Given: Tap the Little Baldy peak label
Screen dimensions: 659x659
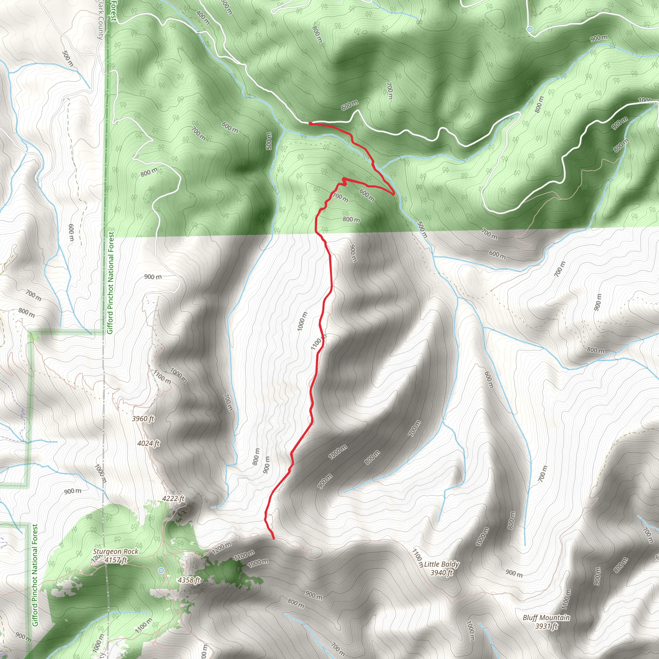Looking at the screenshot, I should click(x=441, y=564).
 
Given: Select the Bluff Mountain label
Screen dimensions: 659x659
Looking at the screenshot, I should click(x=546, y=618).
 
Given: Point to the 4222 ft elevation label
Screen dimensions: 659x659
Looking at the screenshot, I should click(x=173, y=498).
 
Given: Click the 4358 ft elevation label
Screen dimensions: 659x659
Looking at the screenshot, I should click(x=189, y=580).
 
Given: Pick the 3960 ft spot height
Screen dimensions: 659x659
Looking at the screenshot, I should click(x=143, y=419).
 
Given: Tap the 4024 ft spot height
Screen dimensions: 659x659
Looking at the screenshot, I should click(x=148, y=443).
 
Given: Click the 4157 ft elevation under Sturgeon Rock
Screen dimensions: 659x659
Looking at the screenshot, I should click(x=116, y=560).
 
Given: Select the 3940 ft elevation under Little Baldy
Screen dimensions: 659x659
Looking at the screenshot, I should click(x=441, y=573).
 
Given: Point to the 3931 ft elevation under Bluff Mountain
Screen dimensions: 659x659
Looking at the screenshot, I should click(x=546, y=626).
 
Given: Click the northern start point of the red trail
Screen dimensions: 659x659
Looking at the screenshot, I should click(x=310, y=124).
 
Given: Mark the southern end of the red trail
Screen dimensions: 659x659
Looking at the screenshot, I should click(x=274, y=539).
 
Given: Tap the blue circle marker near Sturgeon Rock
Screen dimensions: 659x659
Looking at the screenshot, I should click(x=161, y=570).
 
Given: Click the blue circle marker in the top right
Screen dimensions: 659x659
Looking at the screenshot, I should click(x=530, y=29).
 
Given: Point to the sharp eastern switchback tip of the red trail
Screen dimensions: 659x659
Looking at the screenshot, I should click(x=394, y=194).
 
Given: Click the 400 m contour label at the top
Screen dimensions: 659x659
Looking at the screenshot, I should click(x=203, y=17).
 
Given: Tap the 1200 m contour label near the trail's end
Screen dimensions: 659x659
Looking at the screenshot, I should click(x=222, y=548).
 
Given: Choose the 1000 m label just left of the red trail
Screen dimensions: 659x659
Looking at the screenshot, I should click(x=302, y=321).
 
